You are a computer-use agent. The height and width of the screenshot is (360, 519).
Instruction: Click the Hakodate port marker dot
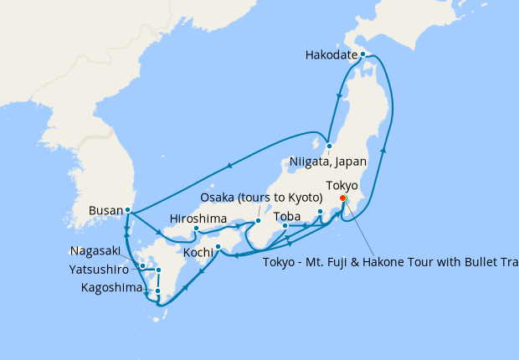click(x=362, y=54)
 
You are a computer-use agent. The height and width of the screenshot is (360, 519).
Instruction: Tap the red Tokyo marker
click(x=343, y=198)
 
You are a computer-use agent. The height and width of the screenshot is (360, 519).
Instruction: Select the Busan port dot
click(x=127, y=210)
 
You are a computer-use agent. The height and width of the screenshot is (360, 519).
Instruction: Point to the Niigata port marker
click(x=330, y=143)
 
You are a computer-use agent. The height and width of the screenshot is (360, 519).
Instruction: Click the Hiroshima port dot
click(x=196, y=229)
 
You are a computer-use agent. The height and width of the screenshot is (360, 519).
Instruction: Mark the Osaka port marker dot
click(x=258, y=221)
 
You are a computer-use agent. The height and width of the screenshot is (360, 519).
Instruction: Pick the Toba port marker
click(x=285, y=226)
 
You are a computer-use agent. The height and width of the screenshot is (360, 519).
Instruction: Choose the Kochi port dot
click(x=218, y=246)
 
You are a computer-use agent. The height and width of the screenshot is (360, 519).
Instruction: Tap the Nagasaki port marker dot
click(x=143, y=266)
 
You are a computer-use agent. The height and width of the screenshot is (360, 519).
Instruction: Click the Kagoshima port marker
click(x=157, y=291)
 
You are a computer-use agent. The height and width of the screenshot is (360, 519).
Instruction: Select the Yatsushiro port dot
click(x=158, y=270)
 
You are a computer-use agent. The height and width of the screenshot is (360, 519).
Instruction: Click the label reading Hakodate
click(x=332, y=56)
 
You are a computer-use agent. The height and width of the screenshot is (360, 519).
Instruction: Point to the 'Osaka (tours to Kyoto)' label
click(x=261, y=198)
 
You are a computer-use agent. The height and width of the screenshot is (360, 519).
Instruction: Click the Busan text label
click(x=105, y=211)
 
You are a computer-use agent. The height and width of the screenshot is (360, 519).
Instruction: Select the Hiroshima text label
click(x=198, y=219)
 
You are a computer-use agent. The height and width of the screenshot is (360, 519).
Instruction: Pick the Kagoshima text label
click(x=111, y=288)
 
